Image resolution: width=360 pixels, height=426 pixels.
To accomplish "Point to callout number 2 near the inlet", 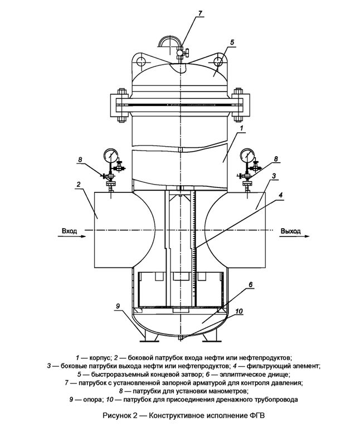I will click(x=79, y=184).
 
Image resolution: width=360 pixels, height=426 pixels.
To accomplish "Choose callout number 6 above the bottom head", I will click(x=251, y=284).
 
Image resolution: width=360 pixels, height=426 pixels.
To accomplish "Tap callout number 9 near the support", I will click(x=118, y=306).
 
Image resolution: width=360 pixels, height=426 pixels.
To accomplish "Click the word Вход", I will click(x=70, y=230).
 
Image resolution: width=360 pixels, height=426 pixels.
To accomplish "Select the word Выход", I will click(x=290, y=230).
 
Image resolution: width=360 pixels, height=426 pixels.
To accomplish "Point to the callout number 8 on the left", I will click(x=80, y=160).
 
